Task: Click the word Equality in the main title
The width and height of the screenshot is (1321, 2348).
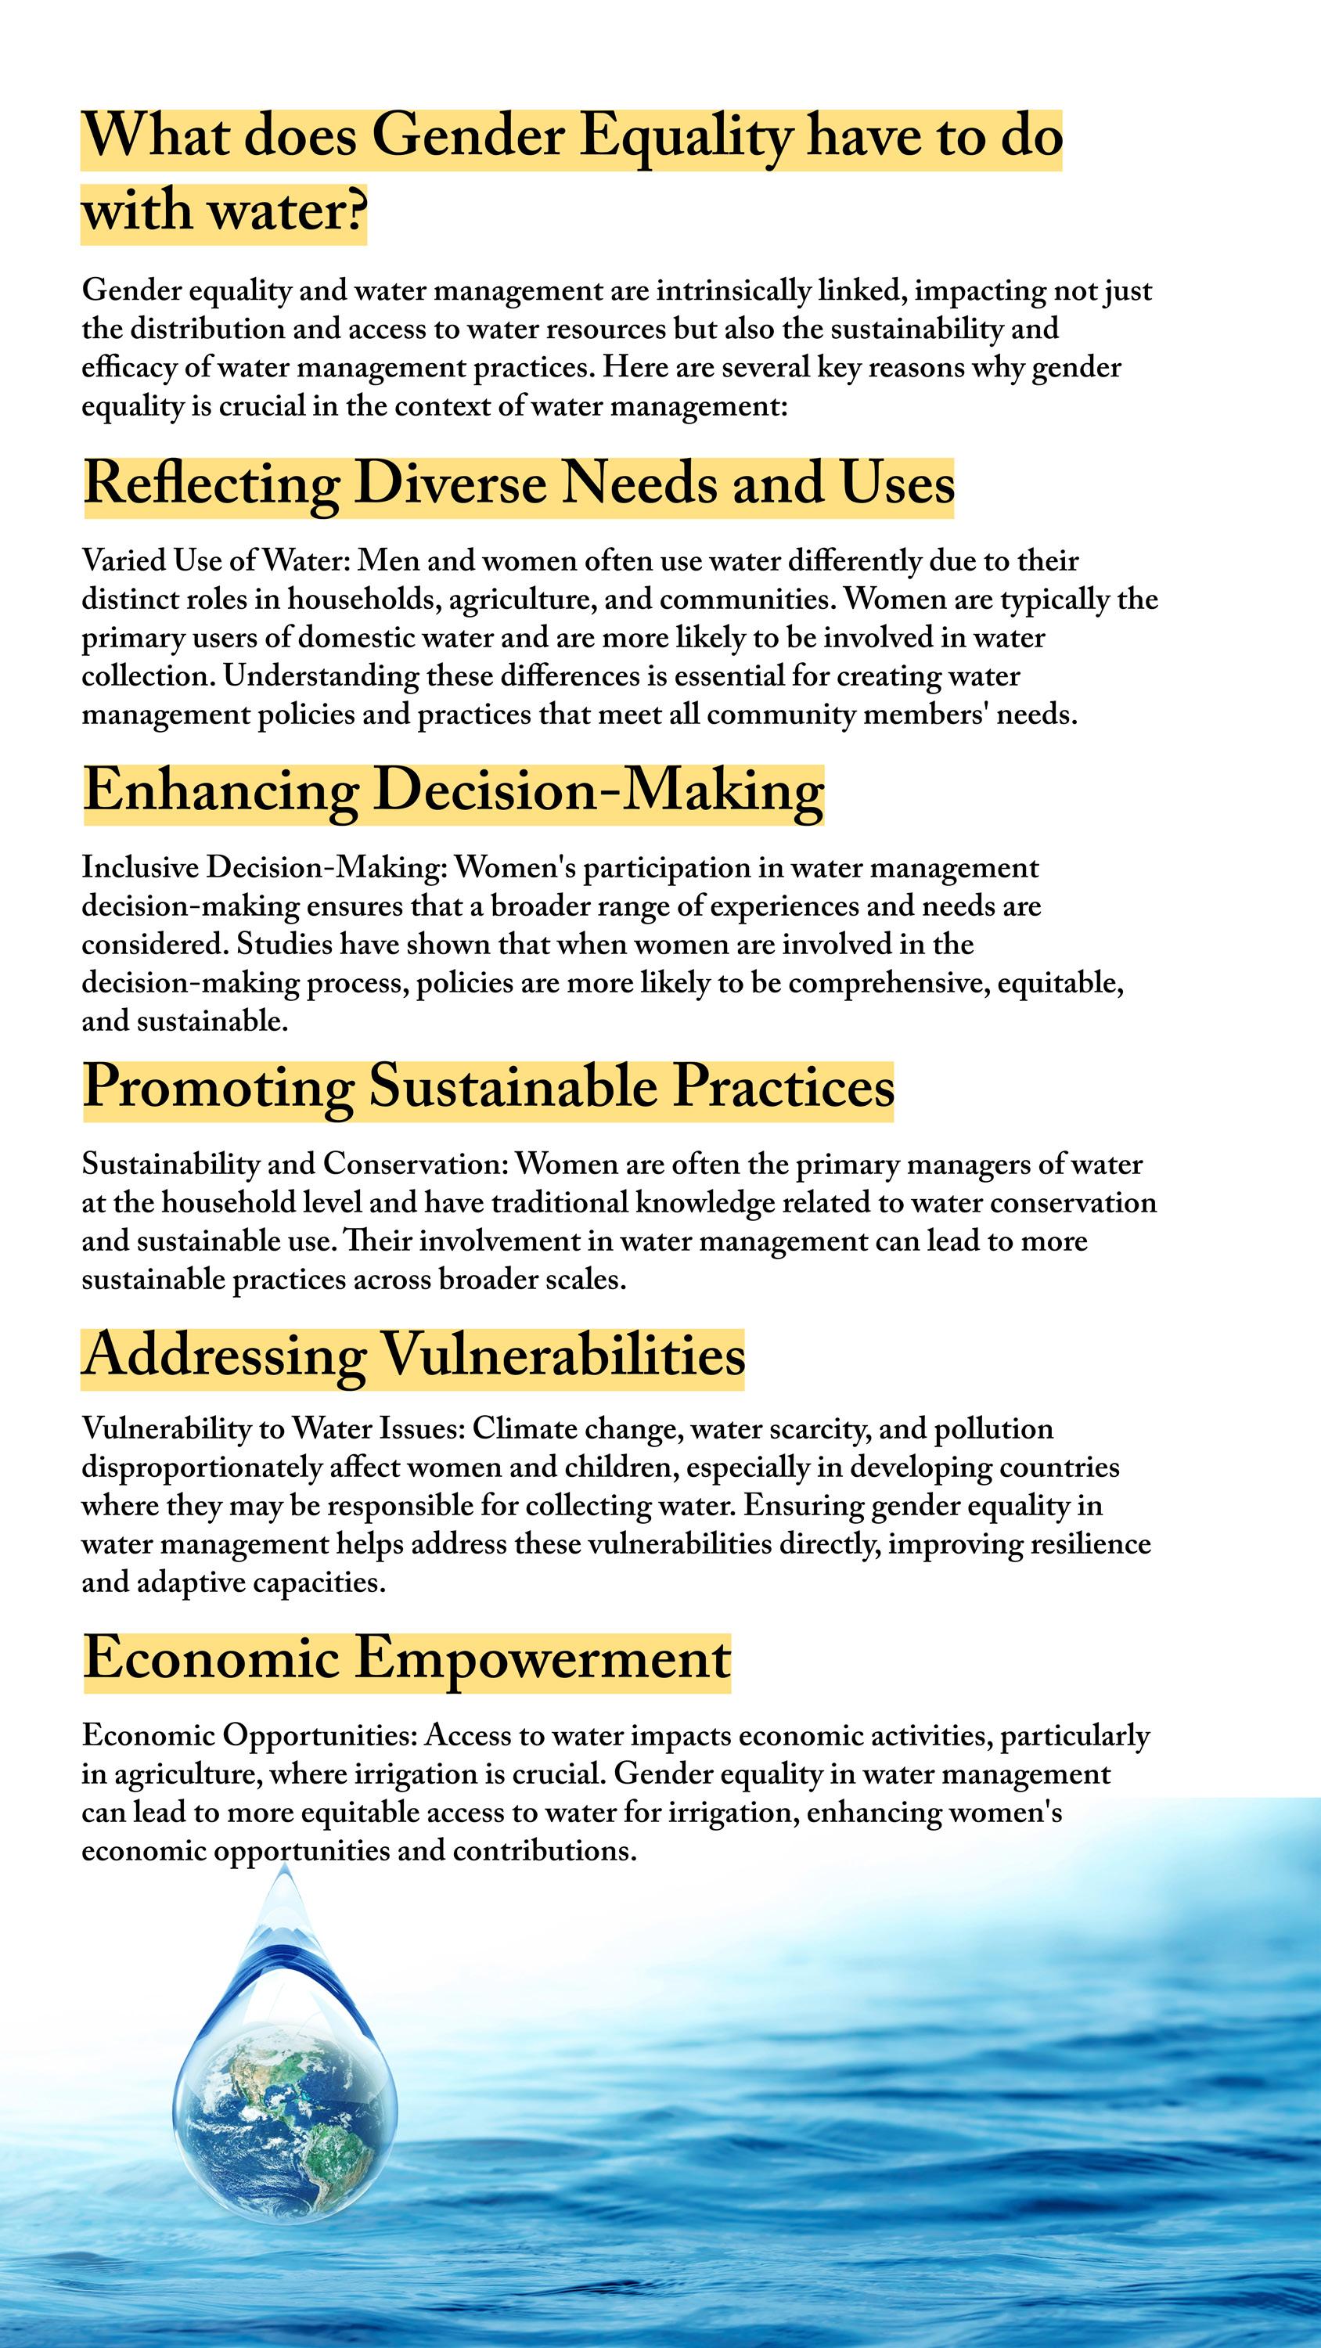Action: [x=686, y=137]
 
